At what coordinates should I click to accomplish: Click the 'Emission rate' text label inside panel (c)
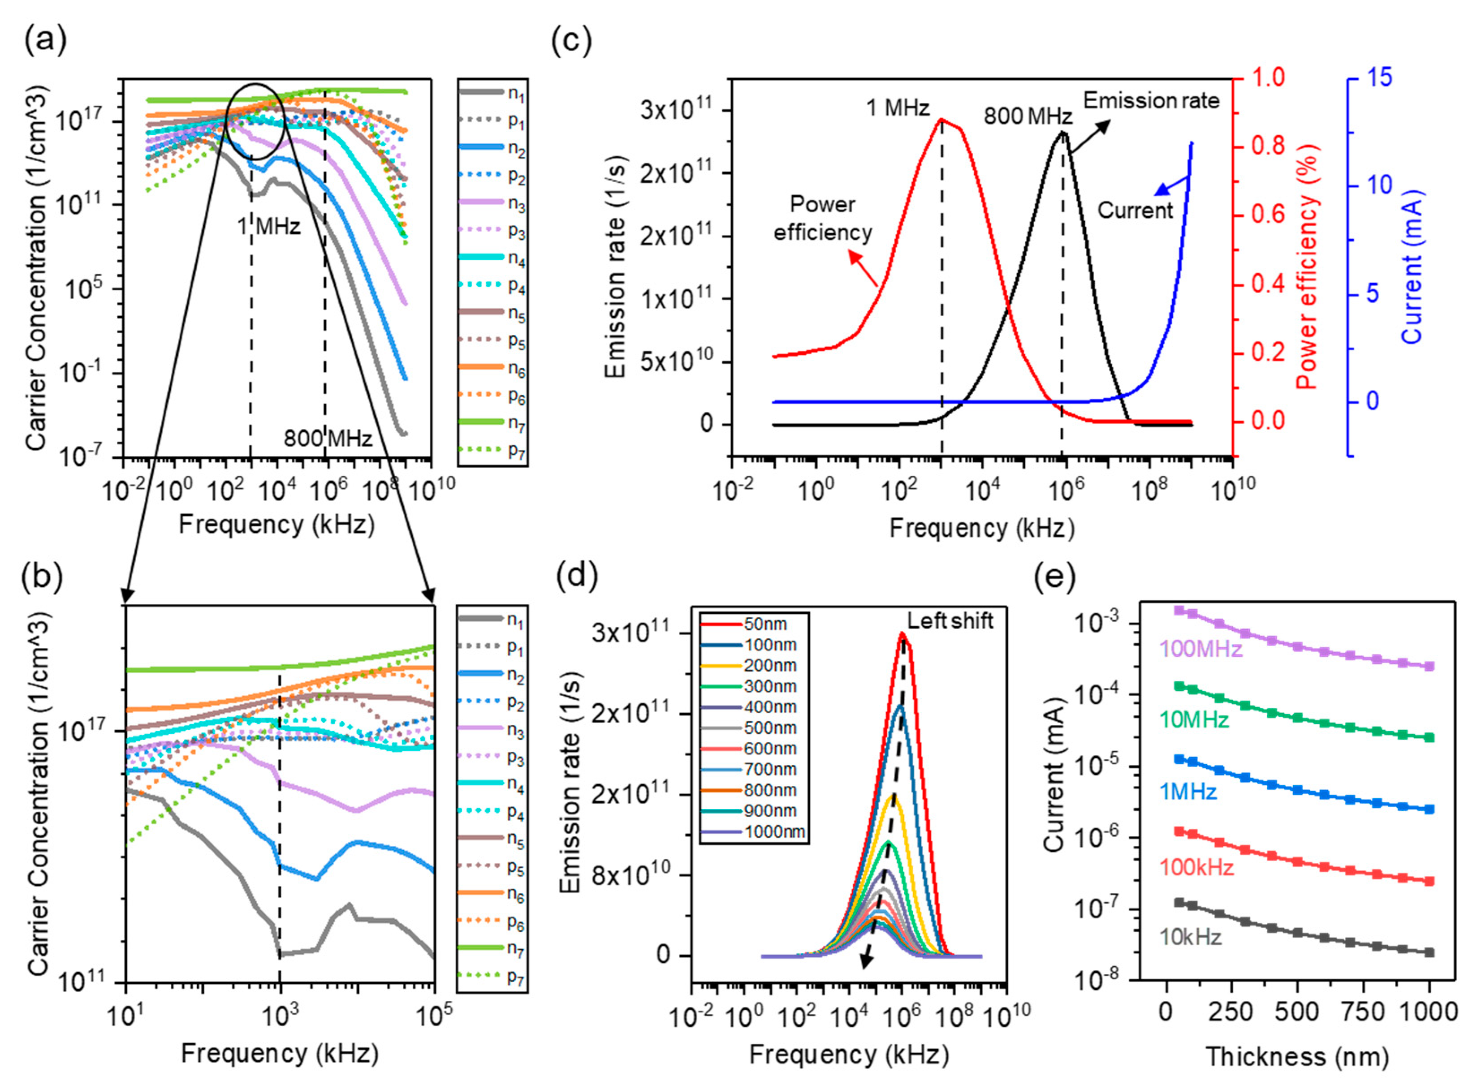coord(1151,100)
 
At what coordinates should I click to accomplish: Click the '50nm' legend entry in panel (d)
coord(765,623)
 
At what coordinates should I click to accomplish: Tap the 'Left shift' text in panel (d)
coord(950,620)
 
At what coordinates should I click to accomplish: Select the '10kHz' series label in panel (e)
coord(1190,937)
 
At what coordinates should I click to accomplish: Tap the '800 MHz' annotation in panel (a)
coord(328,438)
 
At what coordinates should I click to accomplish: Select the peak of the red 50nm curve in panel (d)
coord(902,634)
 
